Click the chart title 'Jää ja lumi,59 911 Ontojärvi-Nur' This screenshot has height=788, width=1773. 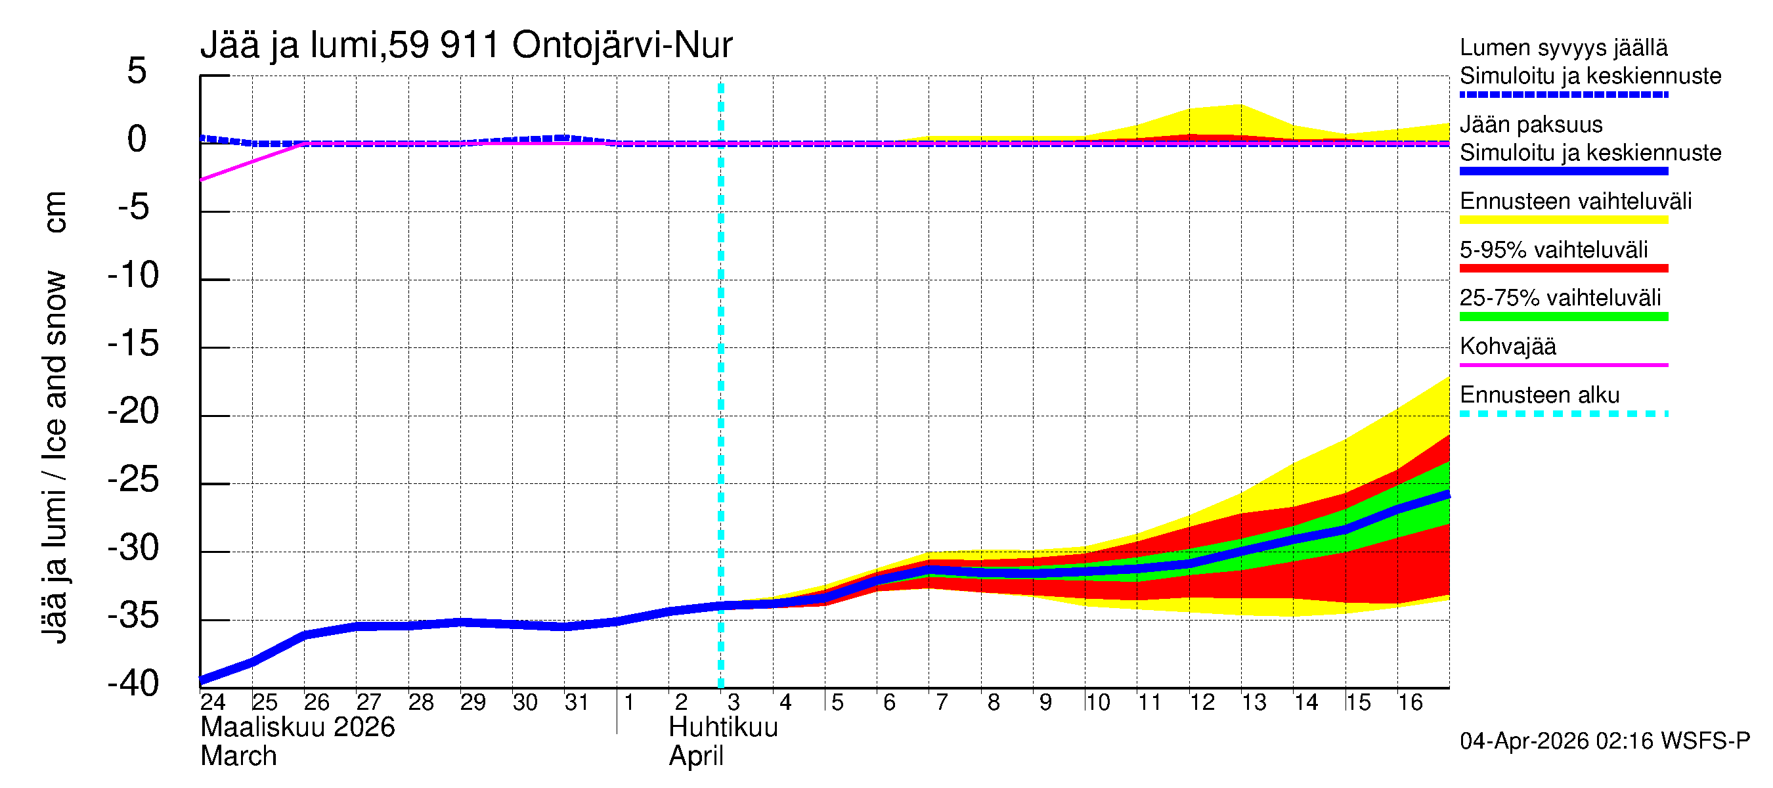466,45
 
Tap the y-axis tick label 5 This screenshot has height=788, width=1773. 137,71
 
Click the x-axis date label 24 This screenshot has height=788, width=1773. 213,703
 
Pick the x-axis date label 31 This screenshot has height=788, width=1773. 576,703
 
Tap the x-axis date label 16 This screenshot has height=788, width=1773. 1410,703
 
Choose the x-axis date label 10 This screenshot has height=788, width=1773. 1097,703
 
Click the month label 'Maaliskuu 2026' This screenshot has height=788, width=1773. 297,728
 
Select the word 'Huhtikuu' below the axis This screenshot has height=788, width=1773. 723,728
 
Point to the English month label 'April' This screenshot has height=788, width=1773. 696,756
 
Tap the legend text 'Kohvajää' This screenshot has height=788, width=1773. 1507,346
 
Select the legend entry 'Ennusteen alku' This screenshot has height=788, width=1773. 1539,395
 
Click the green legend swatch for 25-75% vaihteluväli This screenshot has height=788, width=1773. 1563,317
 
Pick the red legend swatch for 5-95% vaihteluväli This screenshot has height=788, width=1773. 1563,269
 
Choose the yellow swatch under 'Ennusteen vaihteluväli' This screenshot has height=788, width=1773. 1563,220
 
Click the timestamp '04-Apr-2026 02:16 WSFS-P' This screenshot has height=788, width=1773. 1604,741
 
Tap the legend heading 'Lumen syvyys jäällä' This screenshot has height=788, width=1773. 1563,47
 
